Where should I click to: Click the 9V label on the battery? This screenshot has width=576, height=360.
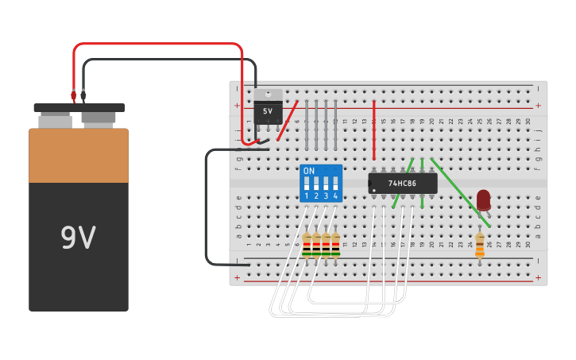78,238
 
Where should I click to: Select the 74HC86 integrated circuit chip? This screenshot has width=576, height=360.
404,184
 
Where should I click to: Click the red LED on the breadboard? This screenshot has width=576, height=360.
483,199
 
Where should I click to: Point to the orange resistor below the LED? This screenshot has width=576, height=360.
480,244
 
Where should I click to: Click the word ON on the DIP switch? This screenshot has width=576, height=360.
309,171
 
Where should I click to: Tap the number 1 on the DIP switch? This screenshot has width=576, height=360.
307,195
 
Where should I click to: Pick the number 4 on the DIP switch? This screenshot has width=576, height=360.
335,195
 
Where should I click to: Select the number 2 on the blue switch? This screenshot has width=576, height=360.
316,195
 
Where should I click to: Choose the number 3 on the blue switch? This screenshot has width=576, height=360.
326,195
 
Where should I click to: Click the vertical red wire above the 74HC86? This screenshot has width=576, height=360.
374,131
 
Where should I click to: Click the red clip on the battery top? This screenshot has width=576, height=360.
74,96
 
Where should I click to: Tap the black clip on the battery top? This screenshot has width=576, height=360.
83,96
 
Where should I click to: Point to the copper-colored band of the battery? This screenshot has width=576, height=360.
78,156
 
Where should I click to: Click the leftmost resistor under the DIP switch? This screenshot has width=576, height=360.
307,245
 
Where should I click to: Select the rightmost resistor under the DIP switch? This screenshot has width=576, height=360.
335,245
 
